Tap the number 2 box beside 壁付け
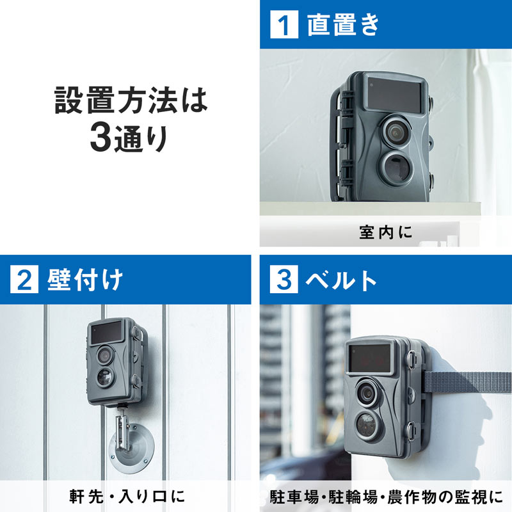(x=24, y=280)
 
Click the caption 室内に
(x=386, y=232)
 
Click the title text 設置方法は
(x=131, y=103)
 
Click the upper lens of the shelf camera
(x=395, y=131)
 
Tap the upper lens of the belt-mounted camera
(x=367, y=392)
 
